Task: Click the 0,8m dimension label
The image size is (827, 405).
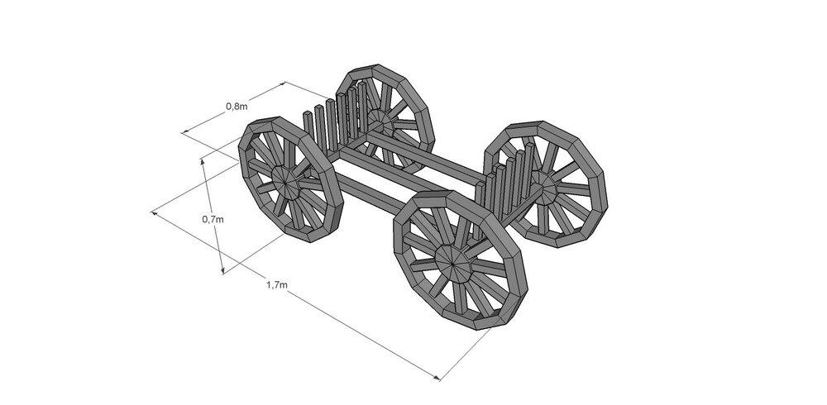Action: [236, 106]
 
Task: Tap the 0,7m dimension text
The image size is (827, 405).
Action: [213, 219]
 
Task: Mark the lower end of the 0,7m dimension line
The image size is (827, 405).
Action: [222, 273]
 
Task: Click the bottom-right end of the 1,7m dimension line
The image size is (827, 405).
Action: [439, 379]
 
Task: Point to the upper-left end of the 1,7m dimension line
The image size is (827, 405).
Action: [153, 213]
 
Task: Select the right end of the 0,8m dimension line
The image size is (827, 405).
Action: [286, 82]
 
